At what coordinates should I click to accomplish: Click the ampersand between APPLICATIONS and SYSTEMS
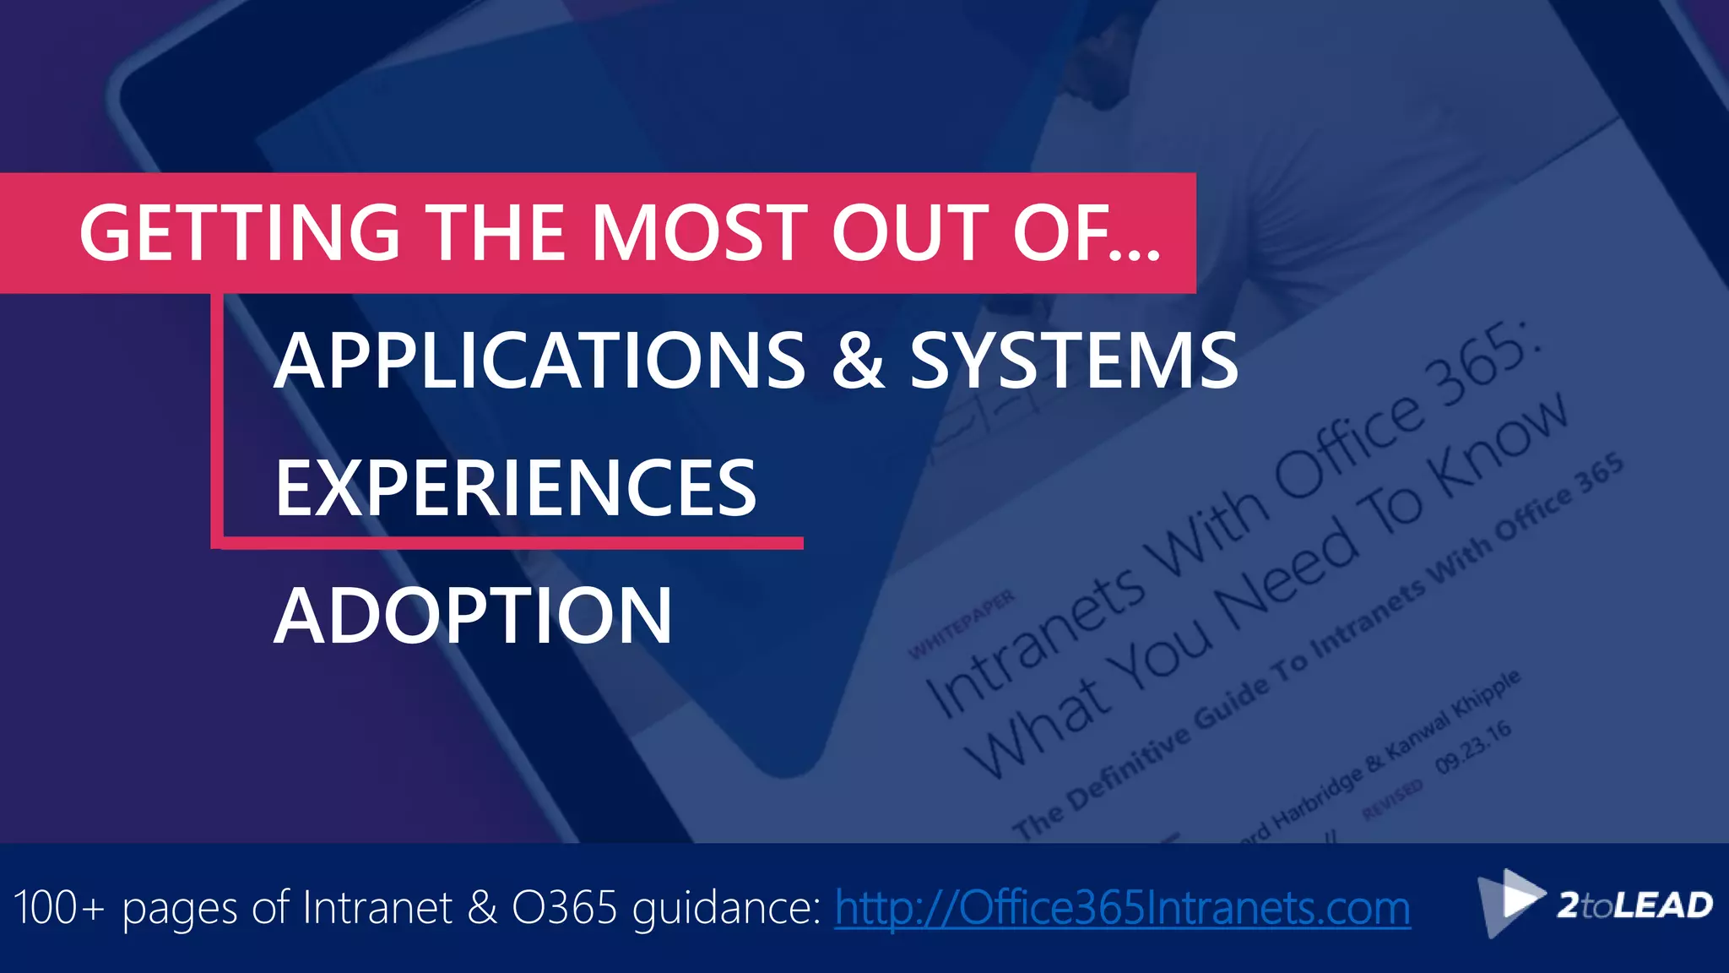[x=857, y=361]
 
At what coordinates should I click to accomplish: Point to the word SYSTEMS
[x=1073, y=361]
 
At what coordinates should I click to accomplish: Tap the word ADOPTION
[x=473, y=616]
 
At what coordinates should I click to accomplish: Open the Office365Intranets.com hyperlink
[x=1122, y=909]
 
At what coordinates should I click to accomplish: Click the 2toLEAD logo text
[x=1634, y=905]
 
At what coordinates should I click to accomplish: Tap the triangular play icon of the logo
[x=1515, y=899]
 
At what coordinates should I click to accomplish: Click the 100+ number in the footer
[x=59, y=909]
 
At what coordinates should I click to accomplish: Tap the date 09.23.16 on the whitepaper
[x=1474, y=747]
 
